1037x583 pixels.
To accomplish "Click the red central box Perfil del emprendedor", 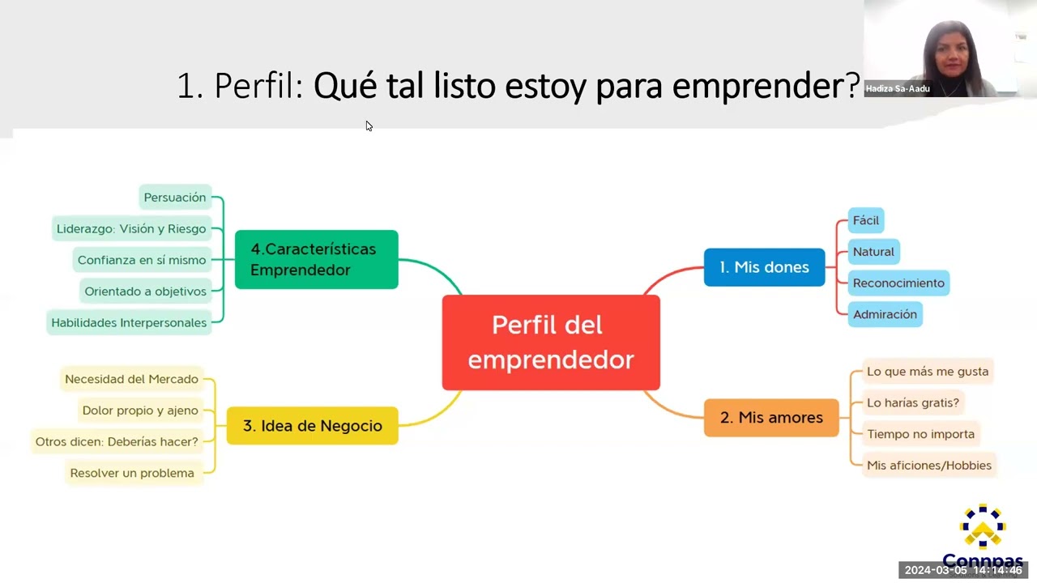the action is (x=551, y=343).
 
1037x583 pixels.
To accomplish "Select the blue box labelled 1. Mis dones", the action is (x=764, y=267).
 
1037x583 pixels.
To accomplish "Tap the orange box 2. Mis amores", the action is (x=771, y=417).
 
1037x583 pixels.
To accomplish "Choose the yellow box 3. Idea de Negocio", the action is (x=313, y=426).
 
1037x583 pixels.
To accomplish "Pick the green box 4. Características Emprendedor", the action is (x=317, y=260).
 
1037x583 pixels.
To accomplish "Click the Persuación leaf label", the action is (x=175, y=197).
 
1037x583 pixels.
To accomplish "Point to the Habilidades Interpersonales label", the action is (x=129, y=322).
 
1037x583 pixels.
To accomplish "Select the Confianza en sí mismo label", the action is (x=142, y=260).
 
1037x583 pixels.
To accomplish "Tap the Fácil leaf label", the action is (x=866, y=220).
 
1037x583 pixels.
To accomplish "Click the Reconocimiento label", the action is (x=898, y=283).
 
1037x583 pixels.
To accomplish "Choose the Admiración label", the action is (x=886, y=314).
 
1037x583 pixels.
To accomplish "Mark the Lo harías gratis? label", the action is (x=913, y=402).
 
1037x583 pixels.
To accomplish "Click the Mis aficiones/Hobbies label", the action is (x=929, y=465).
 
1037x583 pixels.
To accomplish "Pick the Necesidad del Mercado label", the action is (x=132, y=379).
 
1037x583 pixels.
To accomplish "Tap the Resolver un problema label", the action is (x=132, y=473).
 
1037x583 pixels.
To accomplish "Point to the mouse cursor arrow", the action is (x=369, y=126).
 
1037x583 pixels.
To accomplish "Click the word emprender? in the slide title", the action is (x=766, y=86).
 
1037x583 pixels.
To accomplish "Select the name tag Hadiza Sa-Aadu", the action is (x=898, y=89).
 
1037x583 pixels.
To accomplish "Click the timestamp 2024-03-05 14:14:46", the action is (x=963, y=570).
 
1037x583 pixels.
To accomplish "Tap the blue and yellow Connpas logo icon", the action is (x=983, y=526).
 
